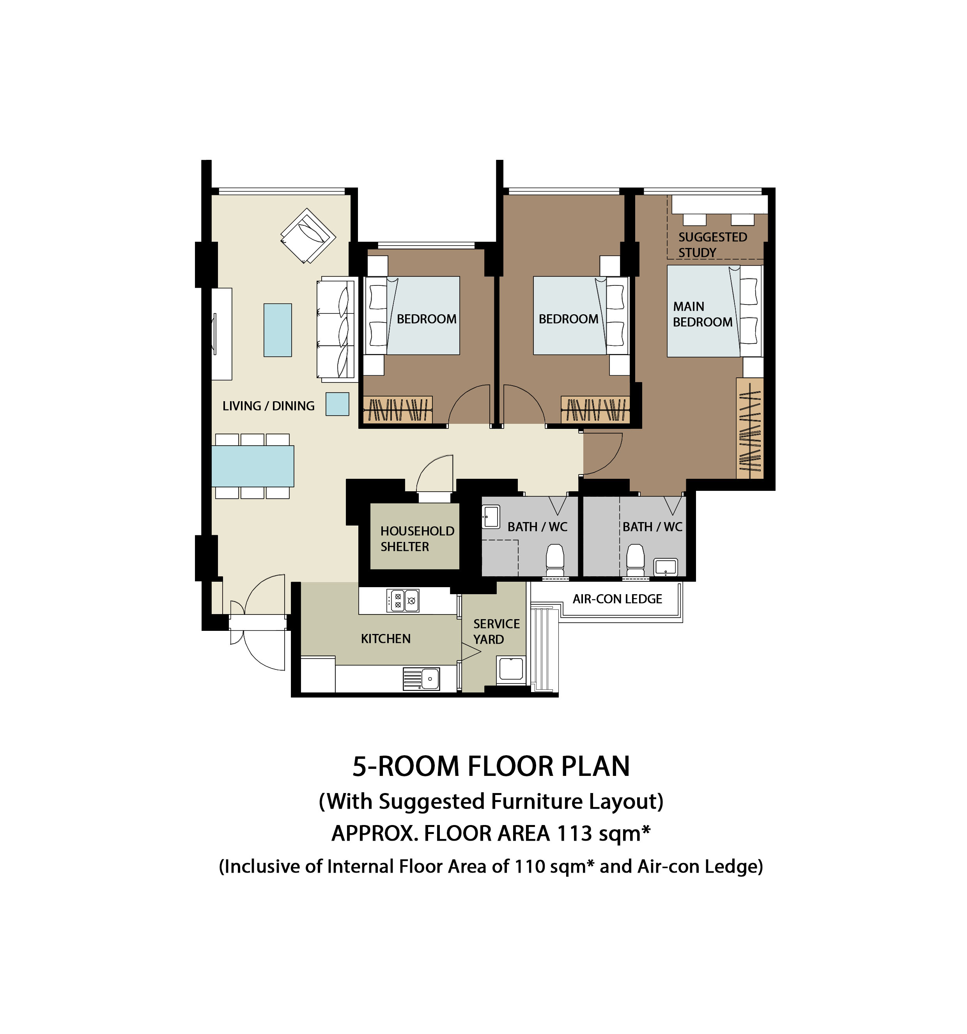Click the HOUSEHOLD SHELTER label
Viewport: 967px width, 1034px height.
[417, 539]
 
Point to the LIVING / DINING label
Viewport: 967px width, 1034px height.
[268, 406]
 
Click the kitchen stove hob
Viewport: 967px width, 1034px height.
[403, 601]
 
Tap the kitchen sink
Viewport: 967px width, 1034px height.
[422, 679]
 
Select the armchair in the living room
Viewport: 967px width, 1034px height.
[308, 235]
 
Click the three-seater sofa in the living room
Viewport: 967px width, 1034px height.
[336, 329]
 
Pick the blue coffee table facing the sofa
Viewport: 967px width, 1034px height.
[278, 330]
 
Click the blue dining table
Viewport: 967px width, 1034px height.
[253, 466]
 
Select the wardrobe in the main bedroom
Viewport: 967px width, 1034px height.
[749, 428]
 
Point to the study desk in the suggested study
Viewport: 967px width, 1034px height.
[719, 204]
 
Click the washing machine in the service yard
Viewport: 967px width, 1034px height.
[511, 669]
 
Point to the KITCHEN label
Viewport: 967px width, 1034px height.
[386, 639]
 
